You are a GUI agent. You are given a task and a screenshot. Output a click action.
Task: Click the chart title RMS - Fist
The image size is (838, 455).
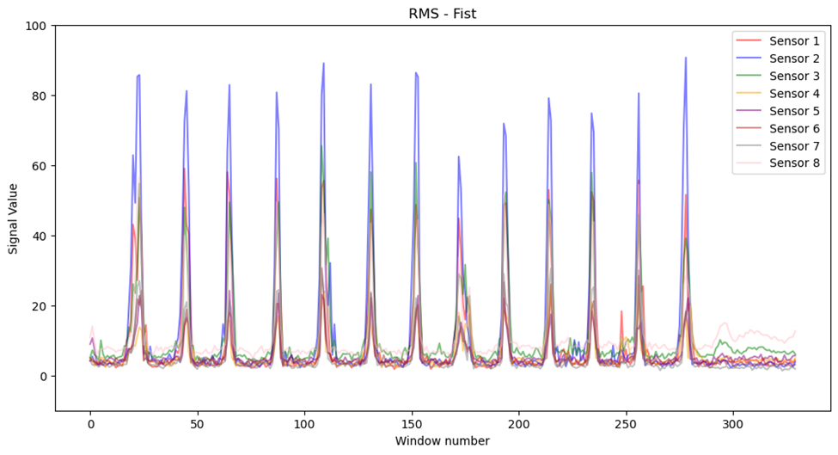442,13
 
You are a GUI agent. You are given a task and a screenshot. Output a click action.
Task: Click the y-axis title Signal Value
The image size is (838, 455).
13,218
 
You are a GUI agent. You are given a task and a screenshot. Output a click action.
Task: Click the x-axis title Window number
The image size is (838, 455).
442,441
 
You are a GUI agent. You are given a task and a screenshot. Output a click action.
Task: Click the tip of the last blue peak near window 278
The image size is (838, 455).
685,58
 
